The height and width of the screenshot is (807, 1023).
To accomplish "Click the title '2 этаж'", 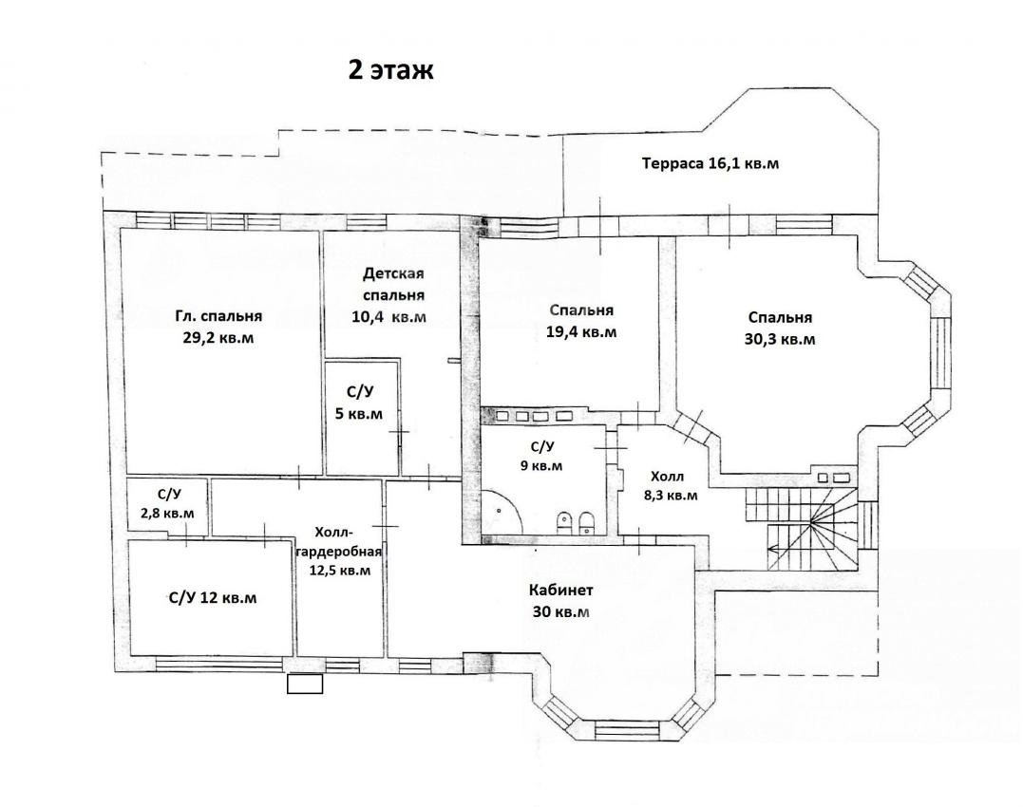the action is click(x=390, y=69).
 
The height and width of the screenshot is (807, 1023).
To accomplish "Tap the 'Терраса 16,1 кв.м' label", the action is click(x=710, y=163).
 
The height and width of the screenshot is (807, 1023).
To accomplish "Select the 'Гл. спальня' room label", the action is click(x=218, y=316).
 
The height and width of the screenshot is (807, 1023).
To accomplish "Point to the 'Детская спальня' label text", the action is click(x=393, y=284).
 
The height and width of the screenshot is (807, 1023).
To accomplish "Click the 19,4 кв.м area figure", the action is click(x=581, y=331).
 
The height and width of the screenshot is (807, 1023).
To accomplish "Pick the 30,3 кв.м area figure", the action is click(x=780, y=340).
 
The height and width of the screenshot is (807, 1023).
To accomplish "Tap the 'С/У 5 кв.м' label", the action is click(x=359, y=403).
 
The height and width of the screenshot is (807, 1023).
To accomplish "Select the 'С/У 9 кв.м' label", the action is click(x=541, y=457).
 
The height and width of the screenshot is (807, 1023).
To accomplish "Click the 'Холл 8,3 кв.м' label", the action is click(x=670, y=486).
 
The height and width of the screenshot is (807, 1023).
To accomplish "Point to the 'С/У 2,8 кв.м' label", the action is click(x=167, y=502).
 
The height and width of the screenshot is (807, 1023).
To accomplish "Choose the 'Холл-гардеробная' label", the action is click(x=338, y=541).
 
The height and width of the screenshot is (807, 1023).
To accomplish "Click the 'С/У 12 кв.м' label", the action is click(x=213, y=598).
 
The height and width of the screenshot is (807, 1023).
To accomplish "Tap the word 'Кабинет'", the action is click(x=561, y=591).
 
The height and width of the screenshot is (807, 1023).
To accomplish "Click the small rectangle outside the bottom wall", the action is click(x=305, y=684).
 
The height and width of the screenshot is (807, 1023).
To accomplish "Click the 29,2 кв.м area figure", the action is click(x=218, y=338).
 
